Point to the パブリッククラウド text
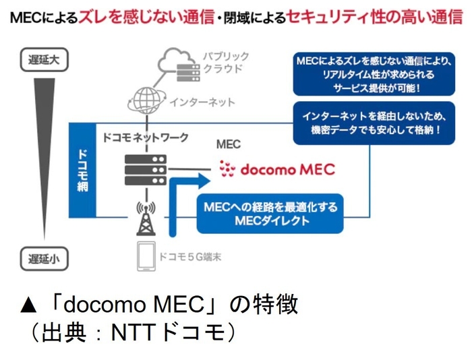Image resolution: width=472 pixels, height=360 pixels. click(x=225, y=63)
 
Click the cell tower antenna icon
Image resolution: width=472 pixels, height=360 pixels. click(x=144, y=214)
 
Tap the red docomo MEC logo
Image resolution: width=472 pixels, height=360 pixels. click(x=277, y=169)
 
